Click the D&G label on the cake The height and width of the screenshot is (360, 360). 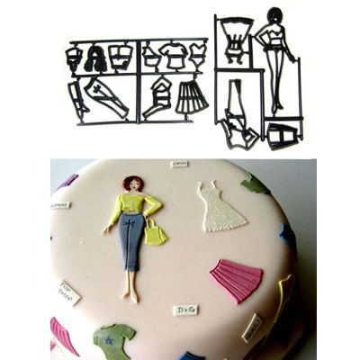(186, 310)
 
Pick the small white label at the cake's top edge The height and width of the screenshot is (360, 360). (179, 165)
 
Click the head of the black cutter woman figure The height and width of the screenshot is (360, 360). (274, 18)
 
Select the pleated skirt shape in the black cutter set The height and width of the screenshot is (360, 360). (191, 96)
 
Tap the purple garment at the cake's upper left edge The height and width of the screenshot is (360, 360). (67, 183)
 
